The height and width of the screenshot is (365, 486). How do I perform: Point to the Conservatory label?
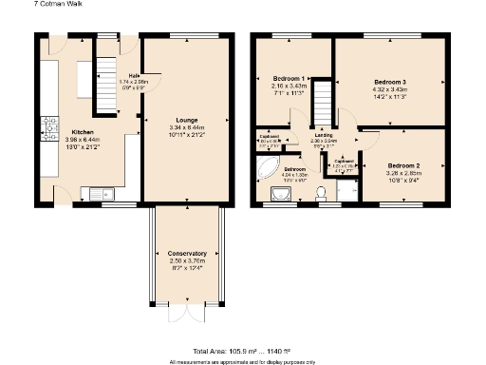(x=187, y=254)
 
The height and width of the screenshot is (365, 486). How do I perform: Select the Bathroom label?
(x=292, y=169)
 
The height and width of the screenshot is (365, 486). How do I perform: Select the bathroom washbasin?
(x=282, y=195)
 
